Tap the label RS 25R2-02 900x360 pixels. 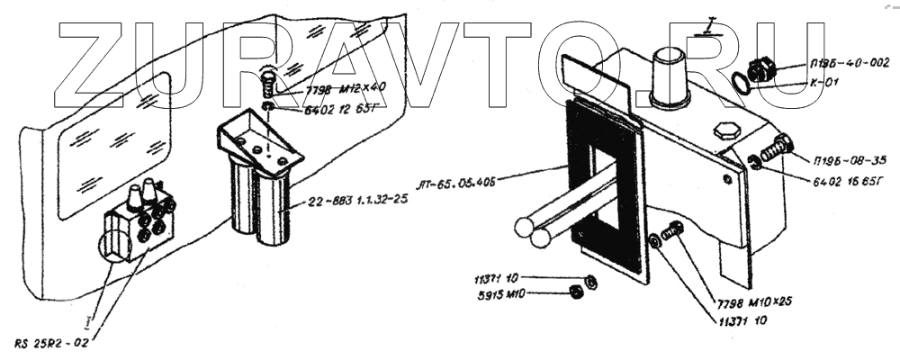click(x=52, y=343)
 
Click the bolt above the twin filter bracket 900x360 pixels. click(x=267, y=86)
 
